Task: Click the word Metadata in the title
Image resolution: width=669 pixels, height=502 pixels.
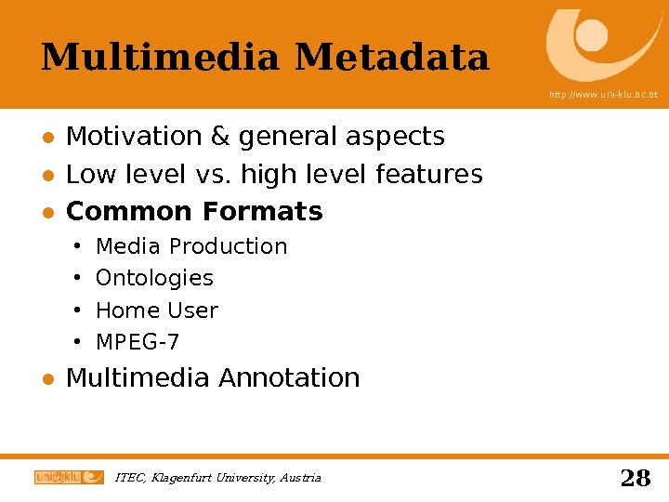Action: [392, 58]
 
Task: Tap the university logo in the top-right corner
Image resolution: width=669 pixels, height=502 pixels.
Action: [602, 44]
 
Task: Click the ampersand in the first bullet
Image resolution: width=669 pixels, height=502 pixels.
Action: [220, 137]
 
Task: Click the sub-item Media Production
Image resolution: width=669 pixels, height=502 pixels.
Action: [191, 246]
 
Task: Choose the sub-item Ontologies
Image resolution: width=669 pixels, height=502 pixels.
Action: [154, 278]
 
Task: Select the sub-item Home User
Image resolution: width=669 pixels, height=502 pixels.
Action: [156, 310]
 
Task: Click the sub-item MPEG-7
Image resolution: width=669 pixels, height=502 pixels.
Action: [138, 342]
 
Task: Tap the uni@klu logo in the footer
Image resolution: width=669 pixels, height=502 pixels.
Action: [69, 477]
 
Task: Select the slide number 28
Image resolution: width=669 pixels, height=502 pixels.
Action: [635, 478]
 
